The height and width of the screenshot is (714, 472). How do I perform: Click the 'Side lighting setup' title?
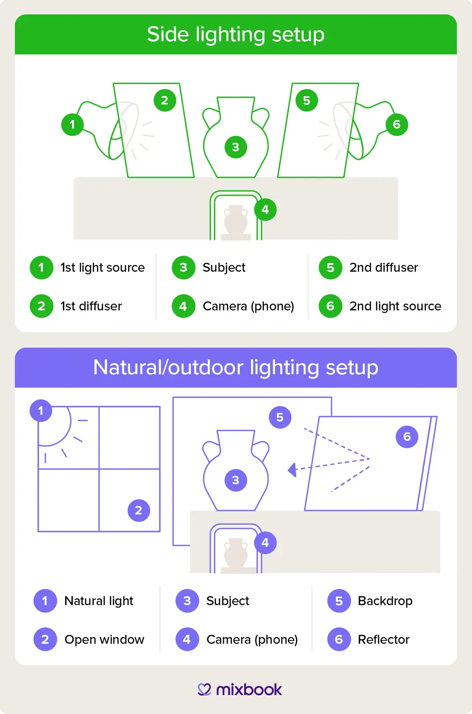pos(236,34)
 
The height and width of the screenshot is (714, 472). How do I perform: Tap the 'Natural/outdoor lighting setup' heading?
pos(236,367)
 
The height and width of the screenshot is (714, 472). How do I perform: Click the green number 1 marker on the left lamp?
pos(73,124)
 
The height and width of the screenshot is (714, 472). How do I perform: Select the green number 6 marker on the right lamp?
pos(397,124)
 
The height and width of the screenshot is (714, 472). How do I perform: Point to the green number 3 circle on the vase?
pos(236,147)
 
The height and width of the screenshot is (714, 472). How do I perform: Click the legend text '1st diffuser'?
pos(91,306)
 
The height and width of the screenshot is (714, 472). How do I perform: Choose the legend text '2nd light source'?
pos(395,306)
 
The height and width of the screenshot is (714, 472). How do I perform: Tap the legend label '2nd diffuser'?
pos(384,267)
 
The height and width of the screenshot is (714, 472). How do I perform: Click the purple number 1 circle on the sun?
pos(41,411)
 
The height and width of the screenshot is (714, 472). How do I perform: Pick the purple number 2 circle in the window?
pos(139,510)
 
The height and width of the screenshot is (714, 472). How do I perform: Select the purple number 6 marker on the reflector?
pos(407,436)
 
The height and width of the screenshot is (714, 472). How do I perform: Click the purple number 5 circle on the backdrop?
pos(280,417)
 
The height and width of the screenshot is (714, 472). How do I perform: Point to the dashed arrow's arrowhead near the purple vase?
pos(292,470)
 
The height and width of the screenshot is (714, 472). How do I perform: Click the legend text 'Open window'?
pos(104,639)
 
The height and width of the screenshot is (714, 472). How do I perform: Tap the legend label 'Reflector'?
pos(384,639)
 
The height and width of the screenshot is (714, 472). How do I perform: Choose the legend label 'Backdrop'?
pos(385,601)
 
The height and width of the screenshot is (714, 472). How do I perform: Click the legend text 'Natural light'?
pos(99,601)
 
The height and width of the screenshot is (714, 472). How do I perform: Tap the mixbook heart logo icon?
pos(205,689)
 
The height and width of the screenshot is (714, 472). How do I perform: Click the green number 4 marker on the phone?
pos(265,210)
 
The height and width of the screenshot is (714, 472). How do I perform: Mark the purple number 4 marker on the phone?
pos(265,543)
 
